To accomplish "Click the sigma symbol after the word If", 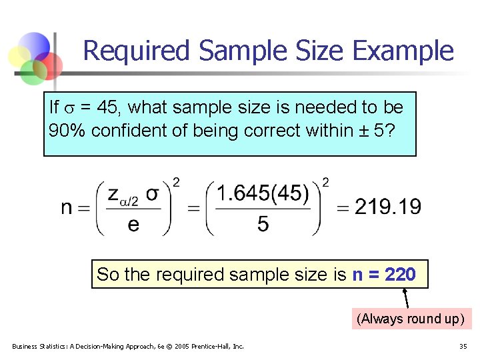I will coord(69,108).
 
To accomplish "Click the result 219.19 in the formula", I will coord(388,207).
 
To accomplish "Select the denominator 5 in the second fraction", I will coord(263,224).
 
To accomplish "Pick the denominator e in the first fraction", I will coord(133,224).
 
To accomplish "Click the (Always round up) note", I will coord(410,319).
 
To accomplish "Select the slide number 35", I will coord(463,346).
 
